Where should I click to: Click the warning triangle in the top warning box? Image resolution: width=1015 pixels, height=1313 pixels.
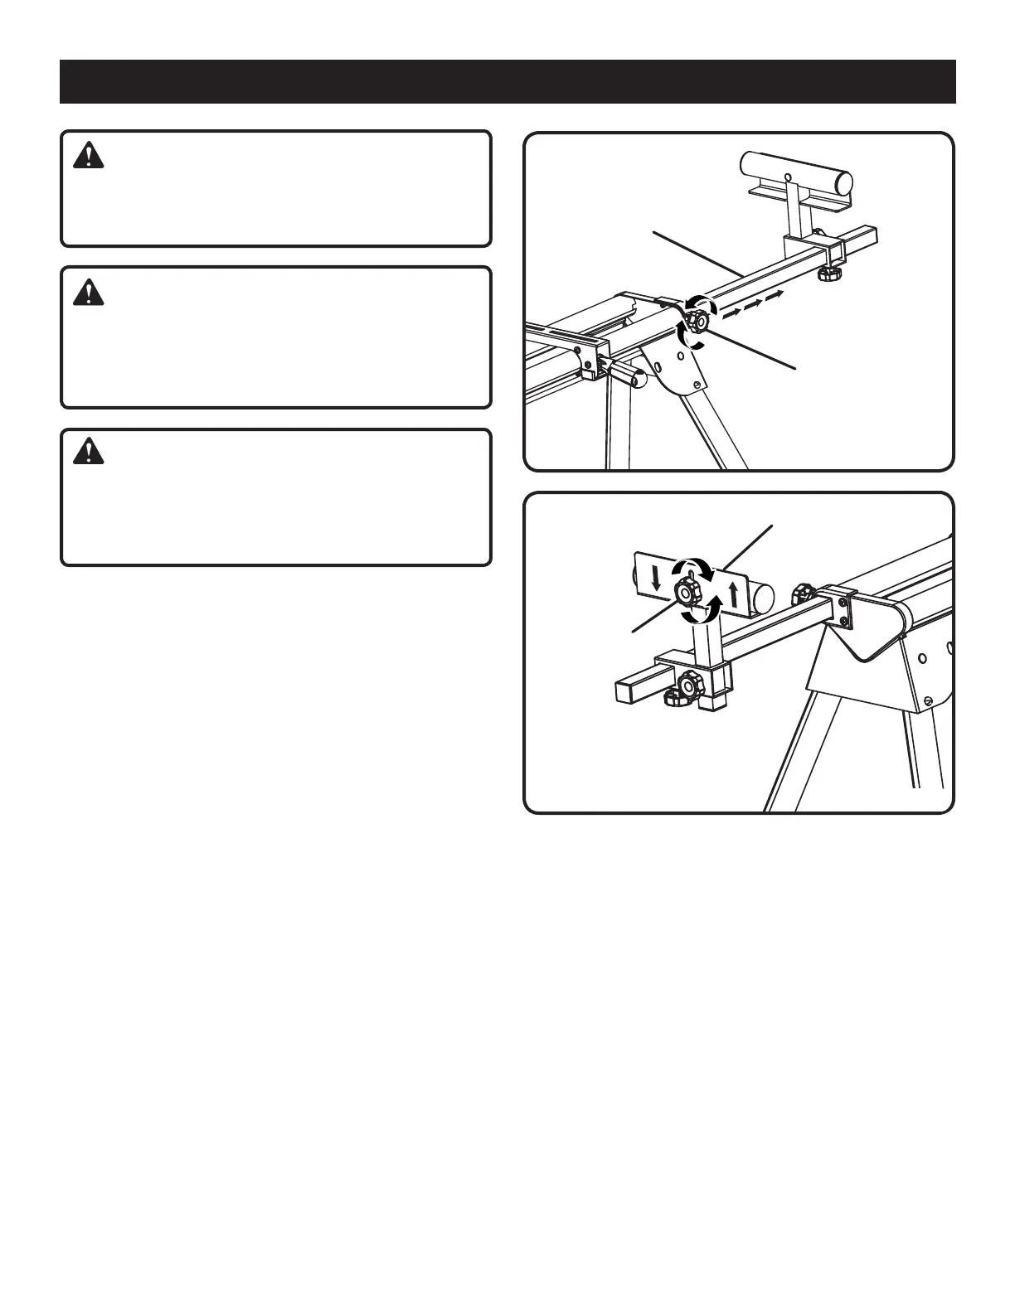[x=88, y=156]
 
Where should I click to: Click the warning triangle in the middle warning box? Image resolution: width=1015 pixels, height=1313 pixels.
[x=88, y=292]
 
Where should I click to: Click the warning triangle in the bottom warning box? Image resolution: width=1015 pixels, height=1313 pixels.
[x=88, y=451]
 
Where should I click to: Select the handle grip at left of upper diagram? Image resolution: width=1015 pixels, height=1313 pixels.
[x=629, y=376]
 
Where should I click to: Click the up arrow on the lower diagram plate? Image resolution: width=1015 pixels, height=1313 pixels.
[x=733, y=594]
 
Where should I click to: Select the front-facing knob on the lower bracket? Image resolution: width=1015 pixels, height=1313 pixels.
[x=689, y=685]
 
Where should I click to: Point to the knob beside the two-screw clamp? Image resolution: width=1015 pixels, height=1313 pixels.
[x=802, y=594]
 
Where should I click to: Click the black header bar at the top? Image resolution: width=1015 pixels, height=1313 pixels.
[x=508, y=81]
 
